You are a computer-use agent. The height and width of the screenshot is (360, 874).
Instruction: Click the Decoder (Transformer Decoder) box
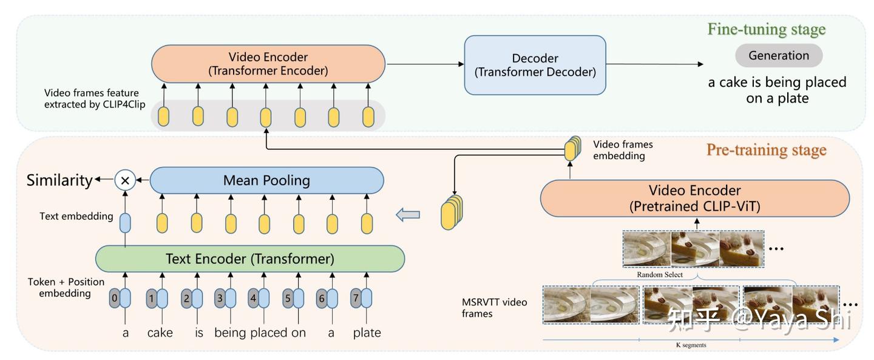click(535, 65)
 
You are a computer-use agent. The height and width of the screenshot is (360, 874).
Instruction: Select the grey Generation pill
click(779, 56)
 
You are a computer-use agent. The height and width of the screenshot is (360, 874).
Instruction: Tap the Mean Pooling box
click(266, 180)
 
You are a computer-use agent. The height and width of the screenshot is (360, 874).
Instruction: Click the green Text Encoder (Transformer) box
click(249, 259)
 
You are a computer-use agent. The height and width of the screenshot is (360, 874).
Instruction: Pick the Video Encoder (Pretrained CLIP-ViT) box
click(694, 198)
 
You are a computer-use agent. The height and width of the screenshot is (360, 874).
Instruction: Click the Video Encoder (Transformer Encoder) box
click(268, 64)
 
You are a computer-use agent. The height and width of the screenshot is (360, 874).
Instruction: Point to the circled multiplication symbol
click(125, 180)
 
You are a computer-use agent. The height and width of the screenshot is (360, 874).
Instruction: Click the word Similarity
click(59, 180)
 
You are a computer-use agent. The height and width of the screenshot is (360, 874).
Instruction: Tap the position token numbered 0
click(114, 298)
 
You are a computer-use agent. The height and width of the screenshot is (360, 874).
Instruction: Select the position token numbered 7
click(356, 298)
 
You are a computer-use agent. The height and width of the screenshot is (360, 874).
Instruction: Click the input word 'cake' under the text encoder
click(160, 333)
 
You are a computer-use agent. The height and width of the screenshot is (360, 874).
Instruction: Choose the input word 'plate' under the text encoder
click(367, 333)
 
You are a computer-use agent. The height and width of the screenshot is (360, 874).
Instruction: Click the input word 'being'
click(230, 333)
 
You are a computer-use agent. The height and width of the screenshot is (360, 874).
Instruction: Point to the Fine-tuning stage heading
click(766, 29)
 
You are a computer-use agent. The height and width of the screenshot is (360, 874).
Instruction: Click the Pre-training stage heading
click(766, 149)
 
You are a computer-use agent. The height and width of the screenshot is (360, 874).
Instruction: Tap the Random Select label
click(659, 274)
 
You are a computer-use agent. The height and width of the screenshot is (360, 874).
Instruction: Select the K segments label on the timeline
click(691, 345)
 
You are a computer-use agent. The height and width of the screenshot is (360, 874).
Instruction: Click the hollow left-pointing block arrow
click(407, 214)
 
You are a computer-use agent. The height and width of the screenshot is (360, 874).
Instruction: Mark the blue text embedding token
click(125, 223)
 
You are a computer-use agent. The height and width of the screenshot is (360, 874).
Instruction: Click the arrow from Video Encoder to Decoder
click(424, 64)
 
